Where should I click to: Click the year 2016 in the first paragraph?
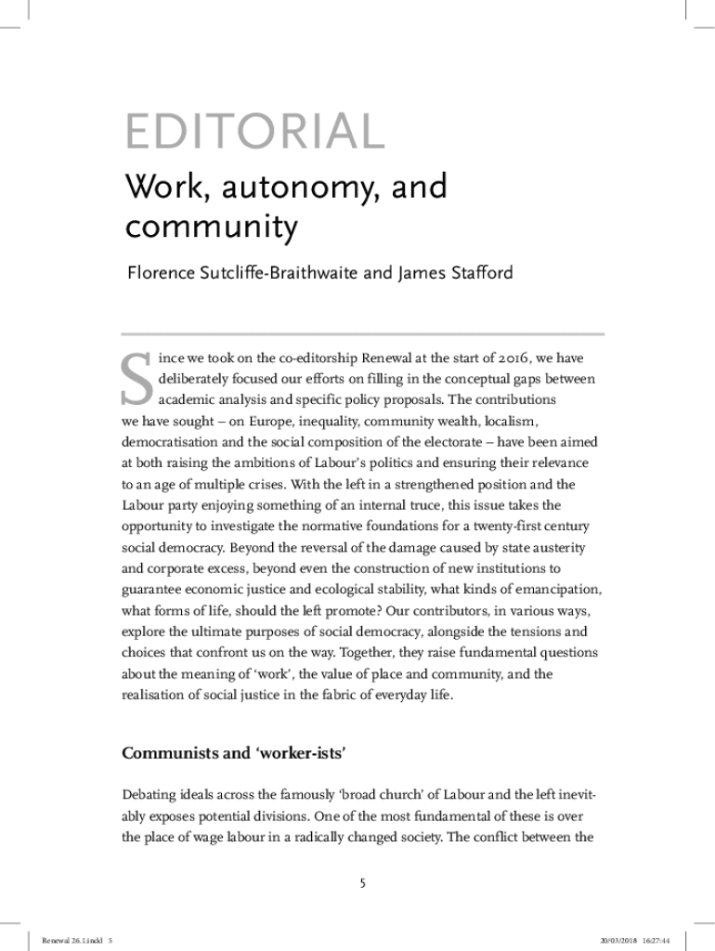click(x=505, y=358)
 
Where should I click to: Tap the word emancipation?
click(x=557, y=588)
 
